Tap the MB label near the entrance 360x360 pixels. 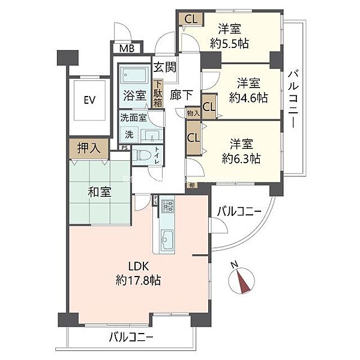127,49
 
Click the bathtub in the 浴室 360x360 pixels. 135,76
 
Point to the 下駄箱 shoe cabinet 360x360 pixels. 158,95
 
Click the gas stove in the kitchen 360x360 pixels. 167,207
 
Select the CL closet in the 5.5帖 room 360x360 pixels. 190,19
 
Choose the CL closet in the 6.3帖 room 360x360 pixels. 194,136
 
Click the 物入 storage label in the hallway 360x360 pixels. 193,112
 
